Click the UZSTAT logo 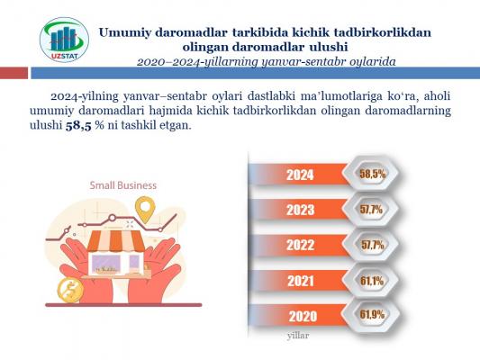(x=64, y=40)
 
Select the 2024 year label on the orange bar (x=300, y=175)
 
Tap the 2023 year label (x=300, y=210)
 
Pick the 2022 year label (x=300, y=245)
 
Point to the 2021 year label (x=300, y=281)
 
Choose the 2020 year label (x=303, y=316)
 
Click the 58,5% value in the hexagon (x=372, y=174)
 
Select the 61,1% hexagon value (x=372, y=281)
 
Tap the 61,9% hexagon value (x=372, y=314)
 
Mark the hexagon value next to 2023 (x=371, y=210)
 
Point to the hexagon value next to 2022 (x=372, y=245)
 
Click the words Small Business (x=123, y=185)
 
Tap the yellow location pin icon (x=145, y=210)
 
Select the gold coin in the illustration (x=70, y=291)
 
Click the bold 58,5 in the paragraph (x=78, y=126)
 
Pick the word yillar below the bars (x=298, y=336)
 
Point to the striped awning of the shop (x=115, y=240)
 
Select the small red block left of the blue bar (x=14, y=74)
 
